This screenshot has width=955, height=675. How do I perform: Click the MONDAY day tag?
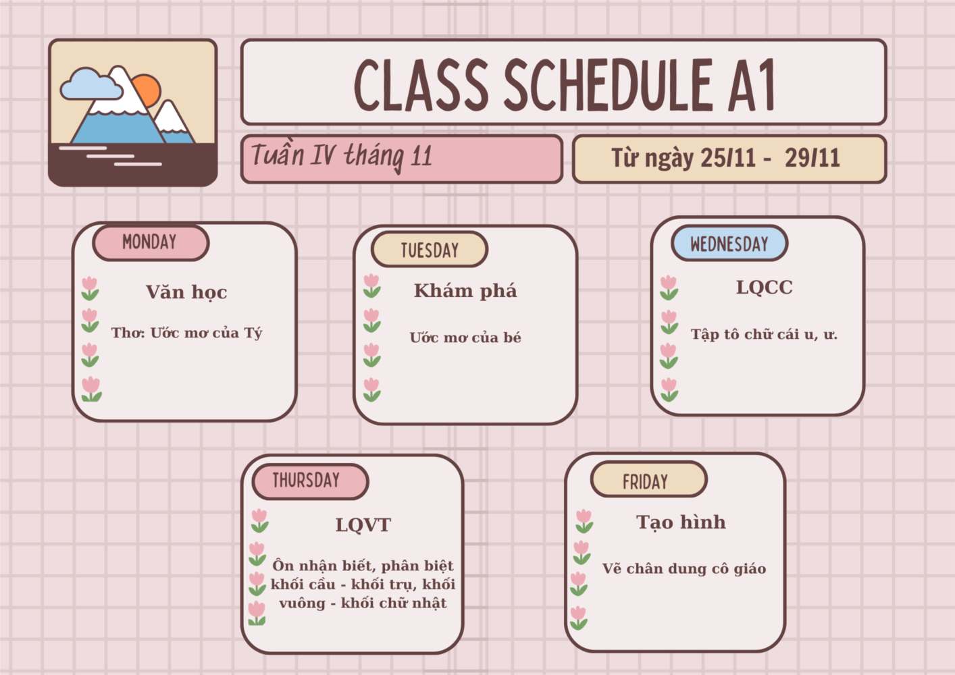[151, 243]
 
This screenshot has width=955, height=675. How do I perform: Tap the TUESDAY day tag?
[430, 249]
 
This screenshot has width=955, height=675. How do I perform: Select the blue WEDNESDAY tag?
[729, 243]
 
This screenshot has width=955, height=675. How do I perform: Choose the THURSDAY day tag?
[310, 481]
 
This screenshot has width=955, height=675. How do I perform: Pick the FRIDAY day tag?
[649, 479]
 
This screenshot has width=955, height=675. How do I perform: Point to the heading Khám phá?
[465, 292]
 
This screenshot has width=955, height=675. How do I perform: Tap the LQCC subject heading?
[765, 288]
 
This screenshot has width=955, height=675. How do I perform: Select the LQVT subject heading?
[363, 525]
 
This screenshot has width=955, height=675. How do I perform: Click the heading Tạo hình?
[681, 522]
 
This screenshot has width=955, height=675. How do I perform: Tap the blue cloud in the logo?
[91, 84]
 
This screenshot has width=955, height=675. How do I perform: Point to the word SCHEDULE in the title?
[609, 85]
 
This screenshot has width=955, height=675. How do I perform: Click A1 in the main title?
[751, 85]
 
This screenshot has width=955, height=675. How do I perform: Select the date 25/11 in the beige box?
[728, 158]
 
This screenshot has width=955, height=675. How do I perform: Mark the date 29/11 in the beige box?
[812, 158]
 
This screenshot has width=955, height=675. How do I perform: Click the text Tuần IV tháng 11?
[342, 156]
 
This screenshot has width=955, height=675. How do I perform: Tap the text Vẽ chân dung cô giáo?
[684, 569]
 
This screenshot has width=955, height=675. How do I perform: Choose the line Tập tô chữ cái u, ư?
[764, 335]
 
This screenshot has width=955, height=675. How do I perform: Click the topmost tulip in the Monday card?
[90, 288]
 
